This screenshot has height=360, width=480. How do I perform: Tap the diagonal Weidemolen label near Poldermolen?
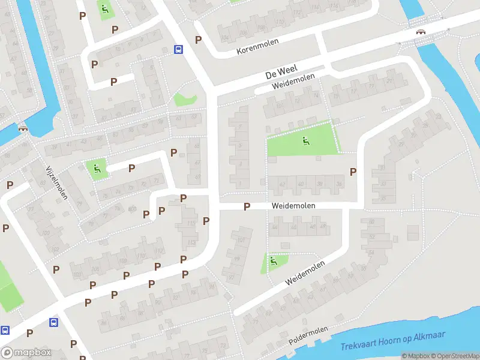point(305,273)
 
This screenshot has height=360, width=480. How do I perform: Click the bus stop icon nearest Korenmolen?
point(178,49)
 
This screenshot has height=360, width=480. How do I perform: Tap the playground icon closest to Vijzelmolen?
point(95,169)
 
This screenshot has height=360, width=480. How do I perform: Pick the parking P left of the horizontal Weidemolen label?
point(246,206)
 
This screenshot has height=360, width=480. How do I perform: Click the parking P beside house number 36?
point(353,172)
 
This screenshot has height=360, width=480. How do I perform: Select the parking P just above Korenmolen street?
point(198,40)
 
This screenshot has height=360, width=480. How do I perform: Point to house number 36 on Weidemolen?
point(339,184)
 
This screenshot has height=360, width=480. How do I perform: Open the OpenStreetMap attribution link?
point(454,356)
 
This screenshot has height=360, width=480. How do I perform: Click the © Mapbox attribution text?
point(415,356)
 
